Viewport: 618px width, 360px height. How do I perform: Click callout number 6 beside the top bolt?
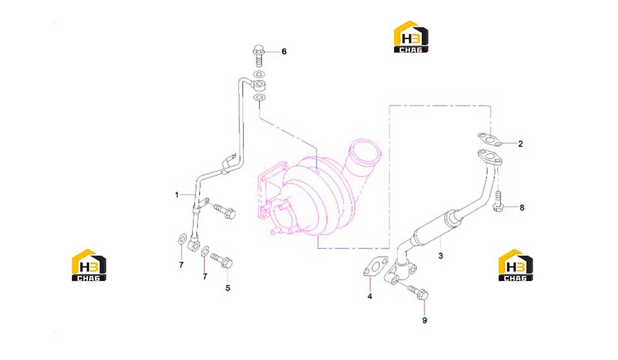click(284, 51)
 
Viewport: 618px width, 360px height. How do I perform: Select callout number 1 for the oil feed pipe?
click(177, 195)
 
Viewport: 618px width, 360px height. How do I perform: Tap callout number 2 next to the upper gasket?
click(520, 144)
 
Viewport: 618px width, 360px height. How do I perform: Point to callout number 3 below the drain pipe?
click(441, 256)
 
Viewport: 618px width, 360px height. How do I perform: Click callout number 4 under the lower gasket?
click(370, 296)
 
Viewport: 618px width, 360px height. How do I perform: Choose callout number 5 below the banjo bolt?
click(228, 288)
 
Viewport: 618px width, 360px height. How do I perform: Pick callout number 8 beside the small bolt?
click(522, 208)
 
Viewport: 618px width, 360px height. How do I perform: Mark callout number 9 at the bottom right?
click(424, 321)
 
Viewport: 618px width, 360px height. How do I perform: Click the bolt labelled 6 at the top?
click(259, 56)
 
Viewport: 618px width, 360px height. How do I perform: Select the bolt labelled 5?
click(222, 261)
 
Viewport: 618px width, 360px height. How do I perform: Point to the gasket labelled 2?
click(490, 139)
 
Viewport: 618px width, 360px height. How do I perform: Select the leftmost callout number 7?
click(182, 265)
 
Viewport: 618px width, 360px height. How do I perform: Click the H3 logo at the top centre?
click(411, 37)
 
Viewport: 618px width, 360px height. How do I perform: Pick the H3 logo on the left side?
click(89, 265)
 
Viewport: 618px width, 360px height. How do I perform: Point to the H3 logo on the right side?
click(515, 265)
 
